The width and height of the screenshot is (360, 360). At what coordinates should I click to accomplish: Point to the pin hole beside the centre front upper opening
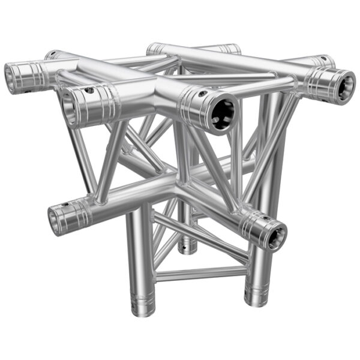[202, 94]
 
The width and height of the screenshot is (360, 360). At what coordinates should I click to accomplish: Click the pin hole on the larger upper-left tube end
[90, 91]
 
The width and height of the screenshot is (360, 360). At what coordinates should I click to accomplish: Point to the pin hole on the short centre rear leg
[188, 246]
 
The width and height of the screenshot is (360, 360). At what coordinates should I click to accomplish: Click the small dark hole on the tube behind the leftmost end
[53, 54]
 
